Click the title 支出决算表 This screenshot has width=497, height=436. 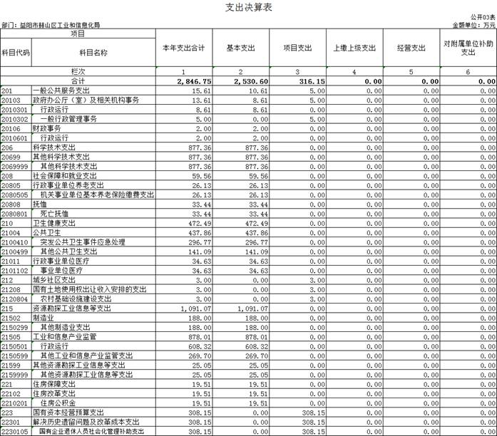coord(247,7)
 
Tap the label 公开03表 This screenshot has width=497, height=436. coord(482,16)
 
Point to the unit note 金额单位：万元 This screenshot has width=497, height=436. coord(473,24)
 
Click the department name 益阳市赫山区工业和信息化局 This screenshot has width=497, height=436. coord(61,25)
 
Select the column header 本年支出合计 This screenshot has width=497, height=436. coord(183,48)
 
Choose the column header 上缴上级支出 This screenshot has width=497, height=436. coord(354,48)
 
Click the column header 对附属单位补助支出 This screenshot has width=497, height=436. coord(468,48)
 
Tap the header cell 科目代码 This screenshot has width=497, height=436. coord(15,53)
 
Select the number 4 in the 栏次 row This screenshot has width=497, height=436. coord(354,73)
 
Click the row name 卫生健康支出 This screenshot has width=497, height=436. coord(57,223)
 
